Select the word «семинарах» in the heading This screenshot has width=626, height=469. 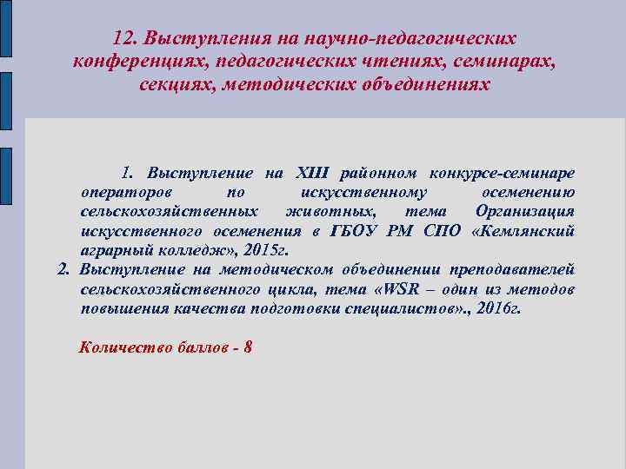pos(513,63)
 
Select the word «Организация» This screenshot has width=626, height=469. pos(524,211)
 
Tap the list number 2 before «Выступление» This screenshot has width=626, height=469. pos(63,269)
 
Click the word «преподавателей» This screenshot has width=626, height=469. pos(514,269)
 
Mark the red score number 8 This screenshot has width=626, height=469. pos(249,347)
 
